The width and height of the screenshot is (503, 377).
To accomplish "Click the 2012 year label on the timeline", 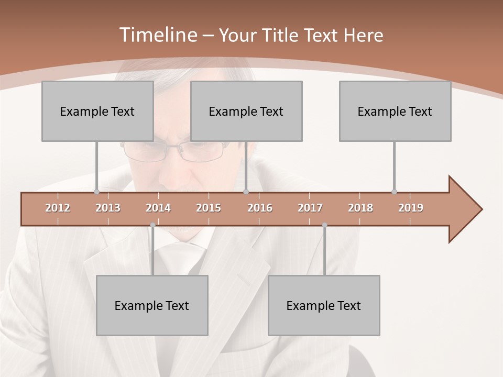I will (58, 208).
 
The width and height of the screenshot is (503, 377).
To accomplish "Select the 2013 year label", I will (108, 208).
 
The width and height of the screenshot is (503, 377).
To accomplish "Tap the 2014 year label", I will (158, 208).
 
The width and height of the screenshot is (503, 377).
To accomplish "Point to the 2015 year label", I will (209, 208).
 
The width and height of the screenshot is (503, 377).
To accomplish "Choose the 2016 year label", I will (260, 208).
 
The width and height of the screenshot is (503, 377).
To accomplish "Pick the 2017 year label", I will (310, 208).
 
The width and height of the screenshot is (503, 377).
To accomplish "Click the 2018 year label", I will (360, 208).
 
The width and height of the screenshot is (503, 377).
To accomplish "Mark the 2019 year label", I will (411, 208).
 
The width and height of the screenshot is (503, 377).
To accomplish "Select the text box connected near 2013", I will (97, 111).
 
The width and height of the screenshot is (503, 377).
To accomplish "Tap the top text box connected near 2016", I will (246, 111).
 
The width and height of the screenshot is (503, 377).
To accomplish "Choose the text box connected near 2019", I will (395, 111).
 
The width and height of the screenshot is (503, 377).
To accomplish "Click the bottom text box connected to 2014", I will (152, 305).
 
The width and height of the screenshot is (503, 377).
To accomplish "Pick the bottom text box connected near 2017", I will (324, 305).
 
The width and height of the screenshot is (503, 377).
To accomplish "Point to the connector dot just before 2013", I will (96, 192).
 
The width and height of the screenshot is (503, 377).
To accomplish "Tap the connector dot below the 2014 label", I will (152, 225).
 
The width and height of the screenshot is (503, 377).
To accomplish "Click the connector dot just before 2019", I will (394, 192).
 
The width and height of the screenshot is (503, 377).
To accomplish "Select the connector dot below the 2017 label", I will (324, 225).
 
